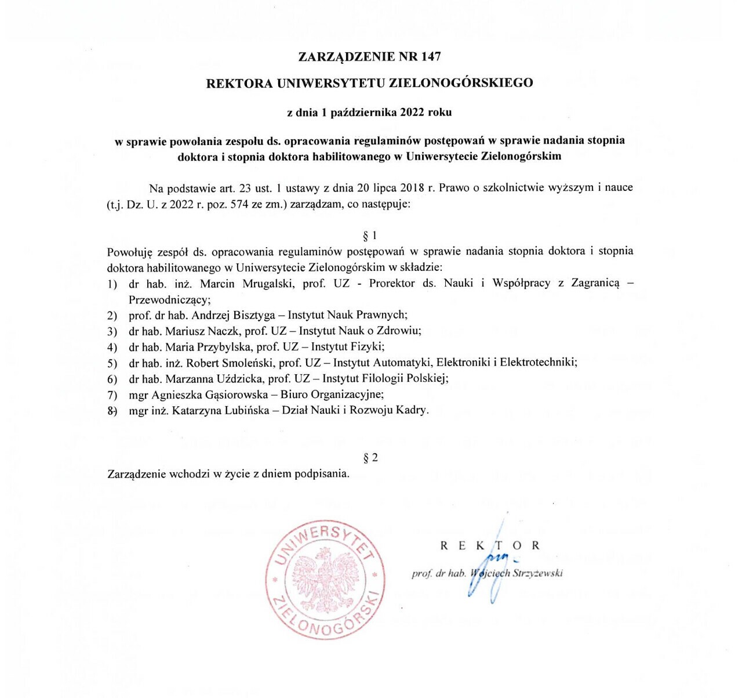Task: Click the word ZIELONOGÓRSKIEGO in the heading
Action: pos(461,83)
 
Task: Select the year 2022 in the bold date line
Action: pos(412,113)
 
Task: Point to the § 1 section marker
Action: pos(370,236)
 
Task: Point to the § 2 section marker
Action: pos(370,458)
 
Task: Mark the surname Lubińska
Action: pos(242,411)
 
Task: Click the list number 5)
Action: pos(112,364)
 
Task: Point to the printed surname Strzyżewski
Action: pos(538,573)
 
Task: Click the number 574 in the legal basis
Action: pos(240,204)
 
